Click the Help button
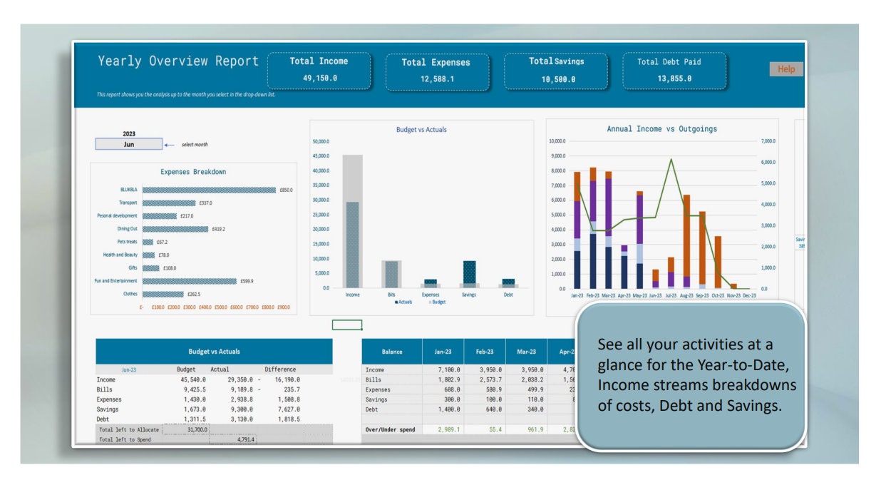pos(785,69)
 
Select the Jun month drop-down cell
pos(129,144)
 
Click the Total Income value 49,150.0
pos(319,78)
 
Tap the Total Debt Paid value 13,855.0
pos(674,78)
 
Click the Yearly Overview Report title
pos(178,61)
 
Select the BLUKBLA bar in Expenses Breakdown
pos(209,190)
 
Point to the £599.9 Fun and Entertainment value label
pos(247,281)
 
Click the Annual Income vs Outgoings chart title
pos(661,129)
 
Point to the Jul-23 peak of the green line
pos(671,160)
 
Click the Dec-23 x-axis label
pos(749,295)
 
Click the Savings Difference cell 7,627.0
pos(285,410)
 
